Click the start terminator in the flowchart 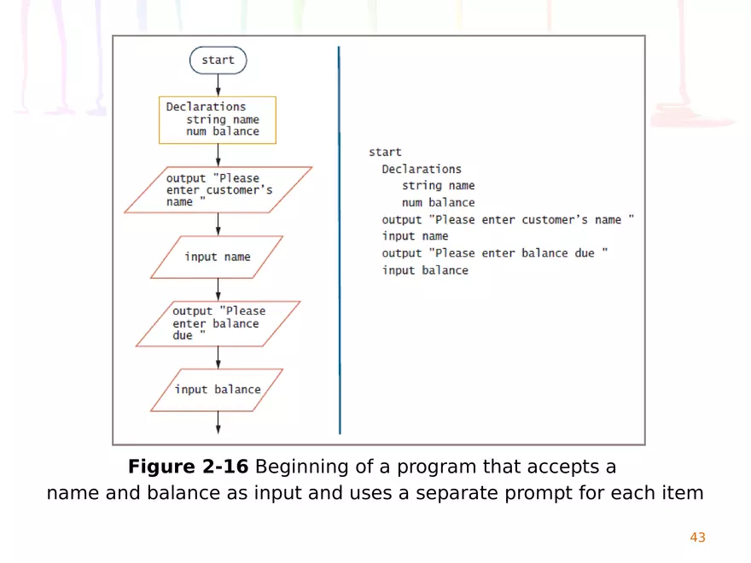[218, 61]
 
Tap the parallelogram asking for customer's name [218, 189]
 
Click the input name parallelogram [217, 257]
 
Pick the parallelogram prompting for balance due [218, 323]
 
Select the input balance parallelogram [217, 390]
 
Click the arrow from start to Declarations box [218, 85]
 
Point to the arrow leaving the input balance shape [218, 422]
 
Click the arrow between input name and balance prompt [218, 289]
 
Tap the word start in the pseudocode [385, 152]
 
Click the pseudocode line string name [439, 186]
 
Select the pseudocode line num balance [439, 203]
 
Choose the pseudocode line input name [415, 236]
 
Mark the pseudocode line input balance [425, 270]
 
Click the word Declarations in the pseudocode [422, 169]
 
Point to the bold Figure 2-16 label [189, 467]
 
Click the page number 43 [697, 537]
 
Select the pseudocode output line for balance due [494, 253]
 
